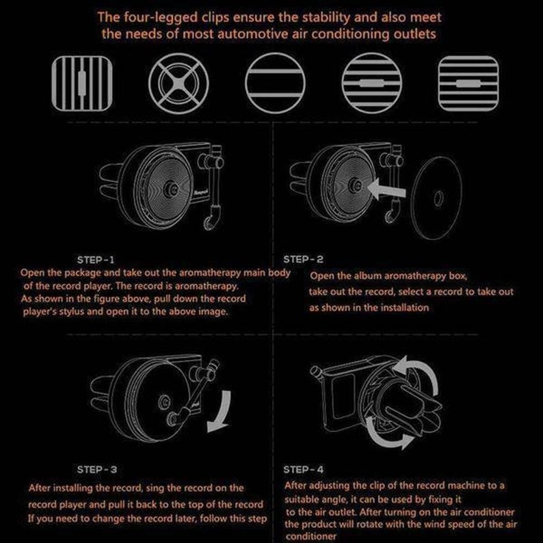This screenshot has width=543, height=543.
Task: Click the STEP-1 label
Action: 96,260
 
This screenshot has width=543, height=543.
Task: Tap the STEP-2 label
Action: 304,259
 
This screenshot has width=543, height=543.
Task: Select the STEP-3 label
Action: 97,470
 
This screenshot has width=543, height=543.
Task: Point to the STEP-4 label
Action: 304,470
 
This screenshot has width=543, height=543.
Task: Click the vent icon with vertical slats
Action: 82,83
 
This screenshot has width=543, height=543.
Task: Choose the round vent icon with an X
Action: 178,83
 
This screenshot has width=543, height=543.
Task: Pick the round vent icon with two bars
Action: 276,83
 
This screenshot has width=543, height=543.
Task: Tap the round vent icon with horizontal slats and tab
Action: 372,83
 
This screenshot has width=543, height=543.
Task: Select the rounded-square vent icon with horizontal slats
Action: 468,83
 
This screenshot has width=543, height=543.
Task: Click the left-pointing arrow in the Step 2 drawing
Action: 386,189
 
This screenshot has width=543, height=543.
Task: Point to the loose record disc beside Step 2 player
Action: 437,198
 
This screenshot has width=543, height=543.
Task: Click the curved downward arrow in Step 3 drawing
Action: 220,412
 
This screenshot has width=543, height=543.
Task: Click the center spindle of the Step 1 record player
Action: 171,189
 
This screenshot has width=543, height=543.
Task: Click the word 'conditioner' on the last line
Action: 311,536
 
